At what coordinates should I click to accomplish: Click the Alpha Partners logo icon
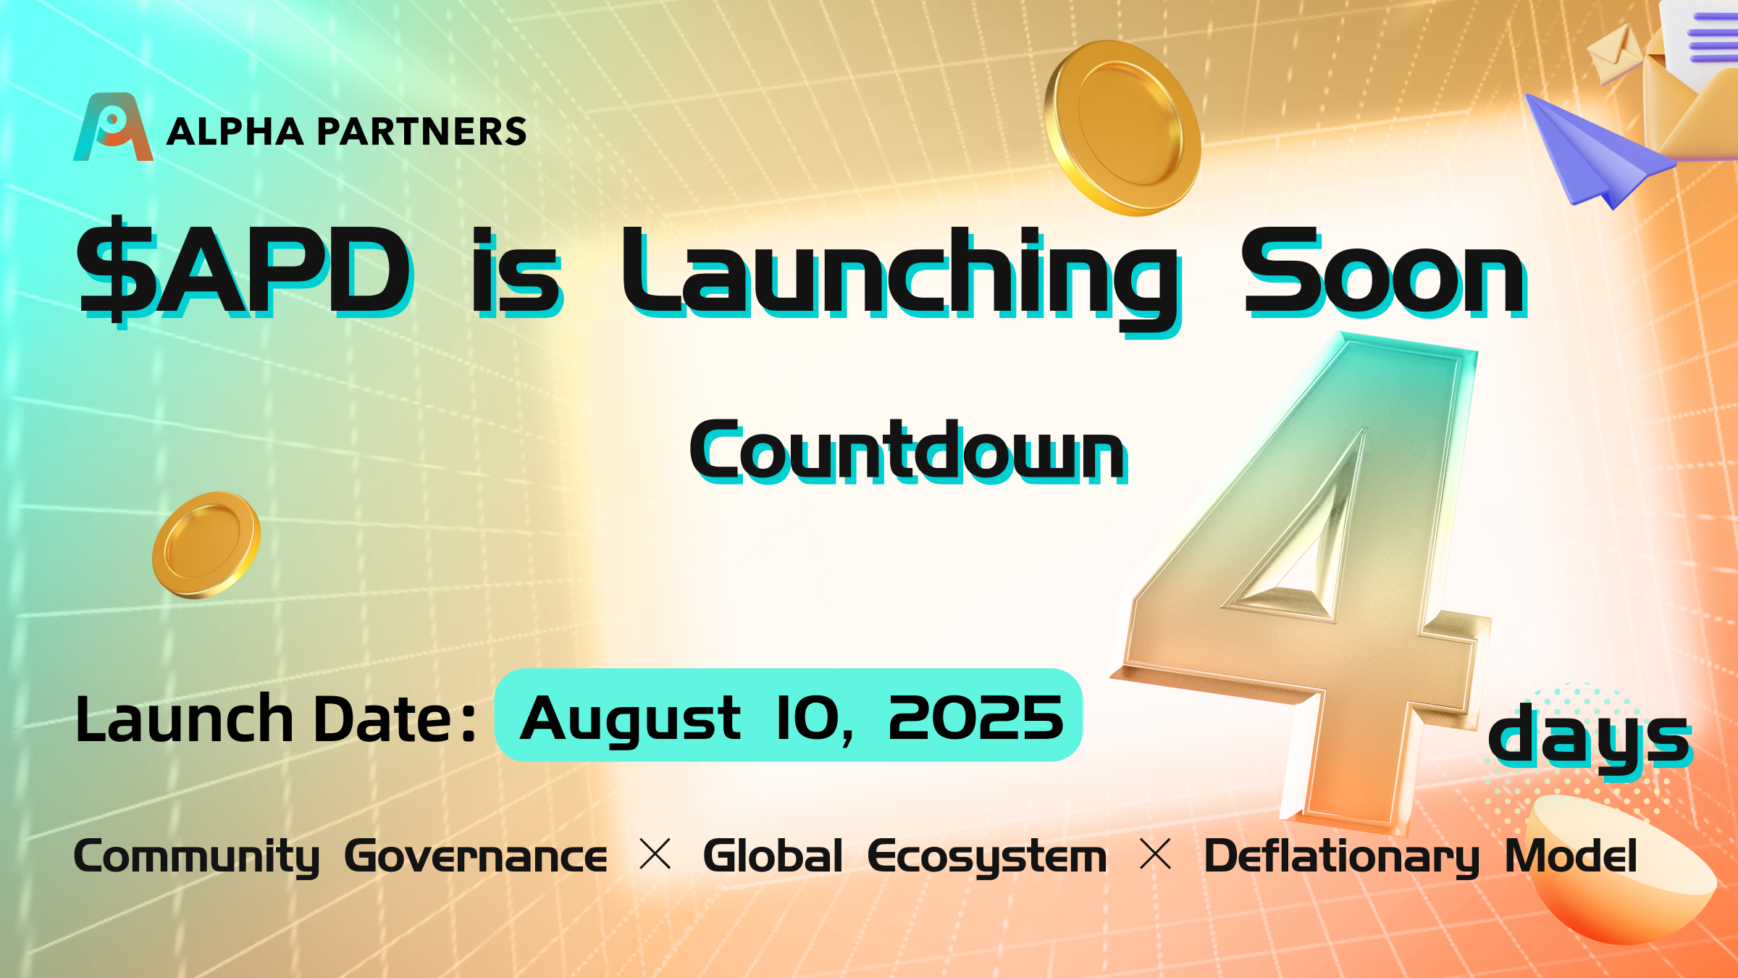[x=113, y=127]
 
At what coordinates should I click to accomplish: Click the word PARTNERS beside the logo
[x=421, y=132]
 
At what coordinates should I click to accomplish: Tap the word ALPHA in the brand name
[x=235, y=132]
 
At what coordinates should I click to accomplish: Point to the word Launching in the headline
[x=902, y=279]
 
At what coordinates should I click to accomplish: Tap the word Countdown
[x=908, y=451]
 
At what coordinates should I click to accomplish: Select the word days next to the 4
[x=1590, y=739]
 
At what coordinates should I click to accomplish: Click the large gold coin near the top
[x=1122, y=128]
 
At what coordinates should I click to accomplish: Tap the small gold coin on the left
[x=206, y=545]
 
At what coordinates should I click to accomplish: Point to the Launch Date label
[x=276, y=719]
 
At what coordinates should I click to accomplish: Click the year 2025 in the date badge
[x=976, y=718]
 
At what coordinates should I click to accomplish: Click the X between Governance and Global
[x=656, y=855]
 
